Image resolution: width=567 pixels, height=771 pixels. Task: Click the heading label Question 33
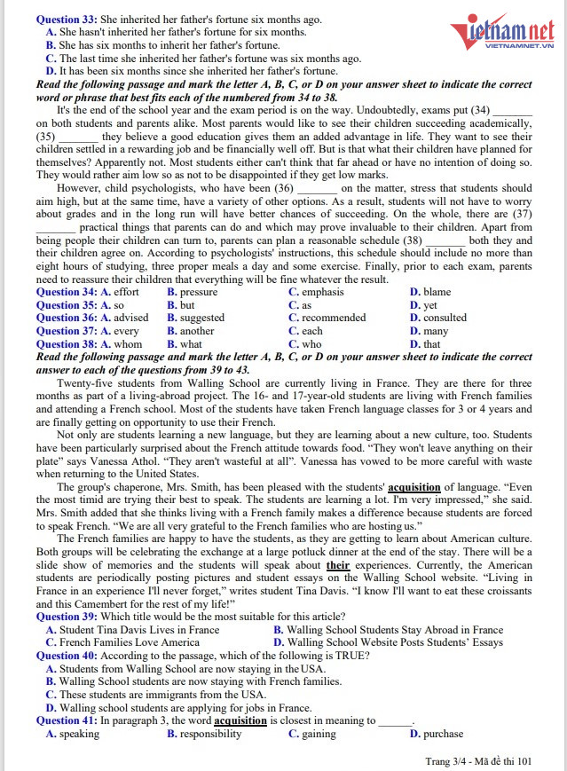pyautogui.click(x=66, y=20)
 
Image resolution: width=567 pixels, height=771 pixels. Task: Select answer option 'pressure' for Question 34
pyautogui.click(x=198, y=292)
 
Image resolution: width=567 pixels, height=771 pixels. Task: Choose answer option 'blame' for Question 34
pyautogui.click(x=436, y=292)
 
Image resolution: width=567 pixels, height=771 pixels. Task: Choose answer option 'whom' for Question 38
pyautogui.click(x=127, y=344)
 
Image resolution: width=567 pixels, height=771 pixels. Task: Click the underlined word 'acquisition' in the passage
pyautogui.click(x=414, y=487)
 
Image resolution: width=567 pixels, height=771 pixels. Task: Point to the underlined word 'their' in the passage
pyautogui.click(x=338, y=565)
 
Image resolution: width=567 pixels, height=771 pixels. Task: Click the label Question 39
pyautogui.click(x=66, y=618)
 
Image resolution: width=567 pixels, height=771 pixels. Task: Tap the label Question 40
pyautogui.click(x=66, y=657)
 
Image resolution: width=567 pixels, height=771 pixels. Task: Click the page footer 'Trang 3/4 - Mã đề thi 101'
pyautogui.click(x=478, y=761)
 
